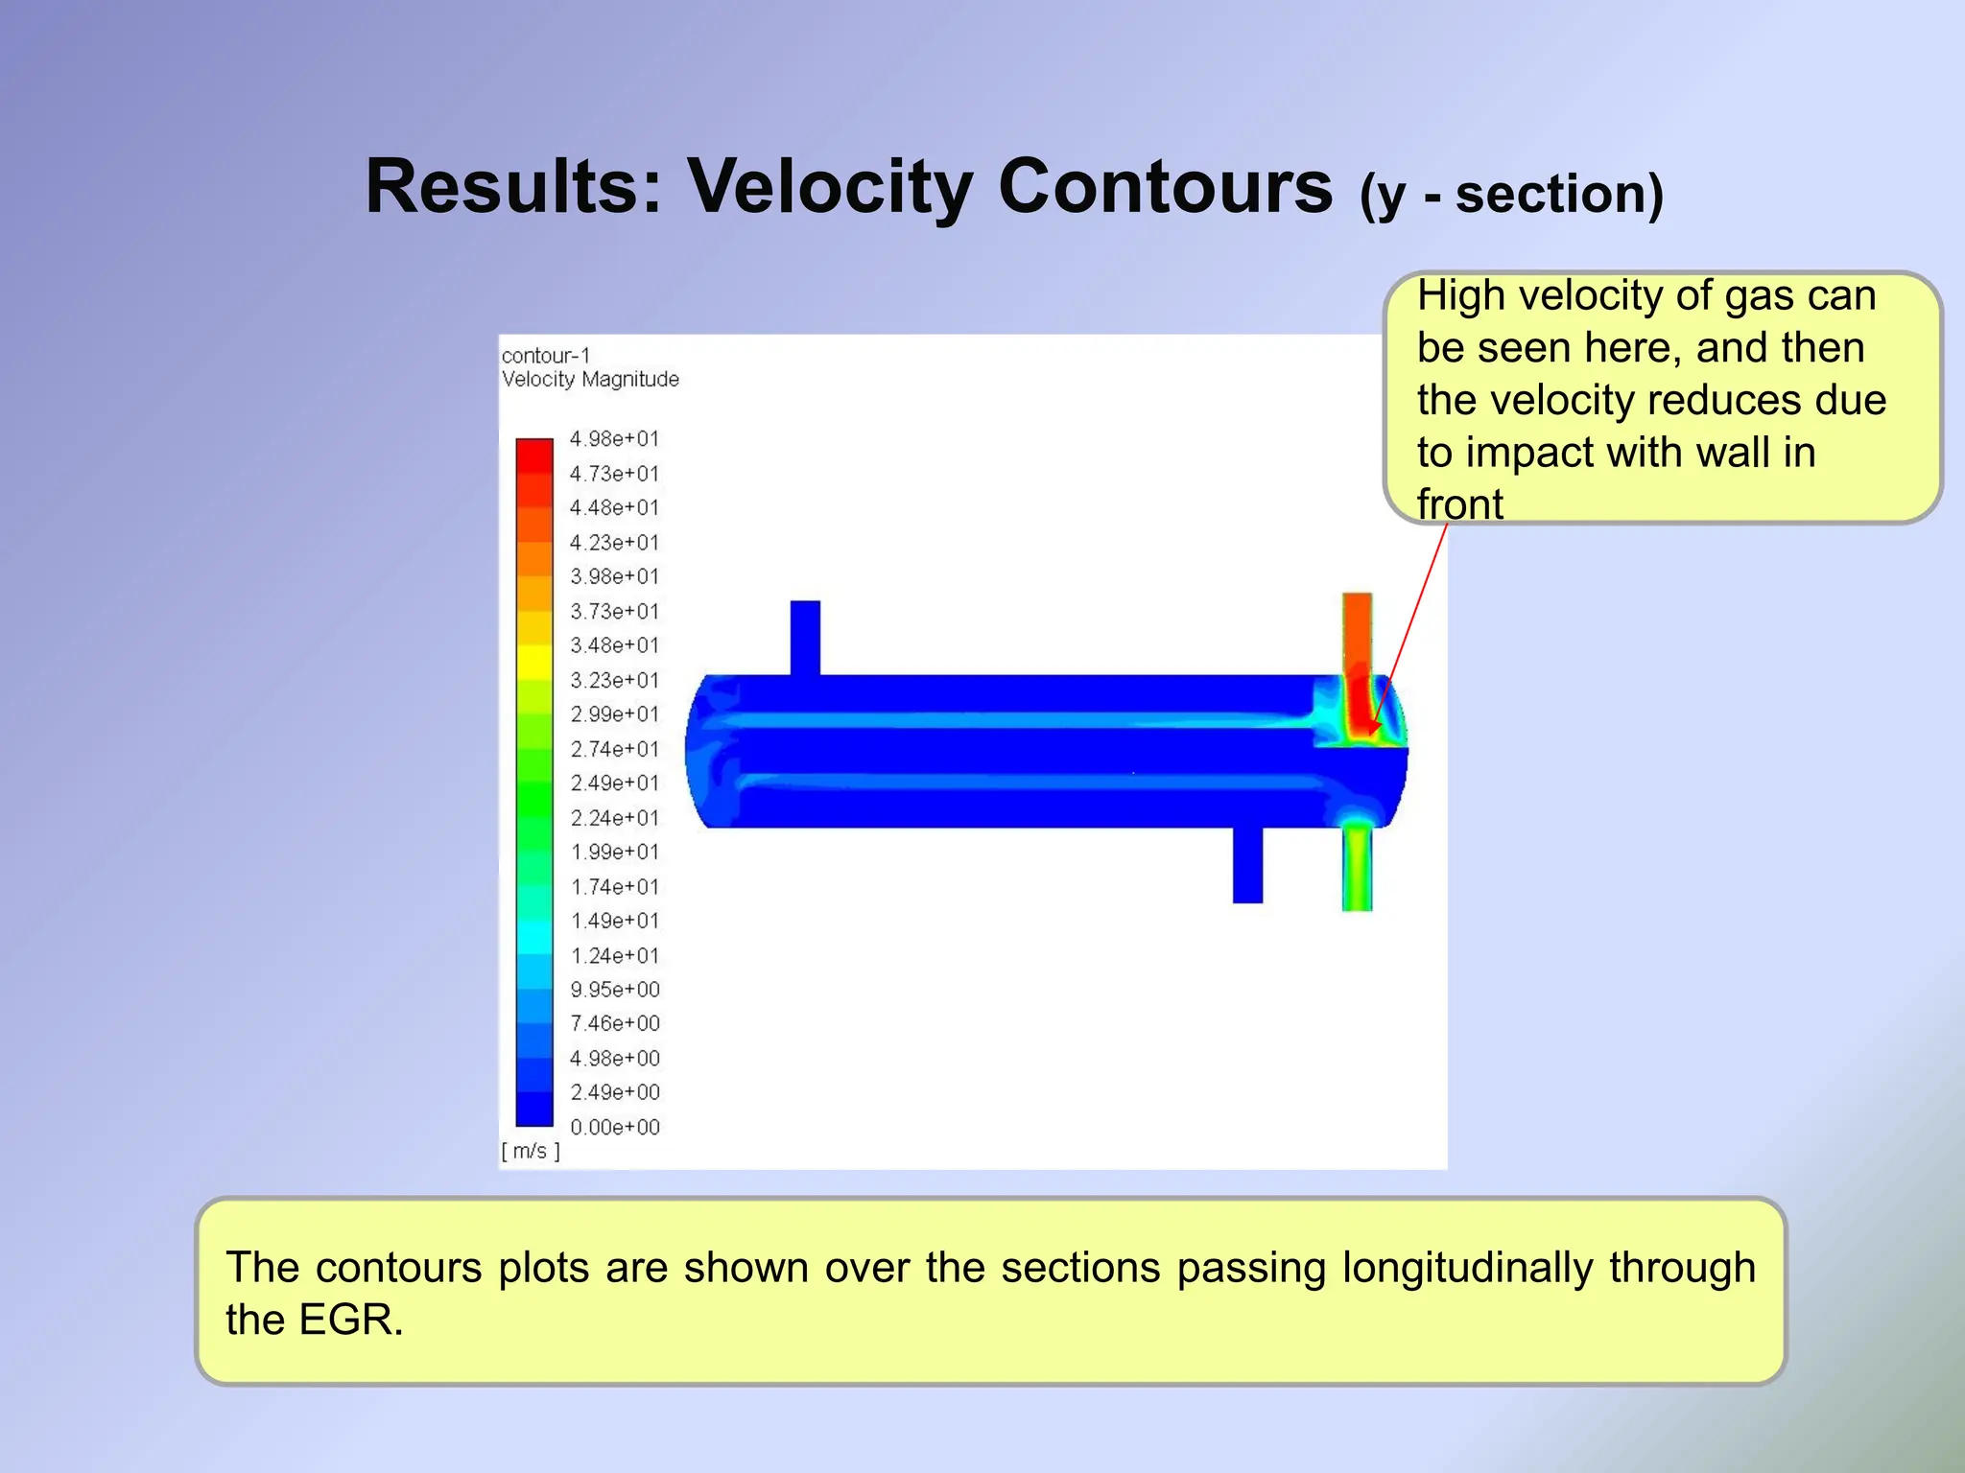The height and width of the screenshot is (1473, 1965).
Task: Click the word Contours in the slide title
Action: (1165, 186)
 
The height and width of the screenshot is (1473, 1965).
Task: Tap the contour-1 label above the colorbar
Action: (546, 356)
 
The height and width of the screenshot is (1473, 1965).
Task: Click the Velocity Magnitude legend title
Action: (590, 380)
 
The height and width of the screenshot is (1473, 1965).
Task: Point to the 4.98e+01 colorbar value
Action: (614, 439)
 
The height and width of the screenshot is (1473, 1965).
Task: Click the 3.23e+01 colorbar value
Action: (614, 681)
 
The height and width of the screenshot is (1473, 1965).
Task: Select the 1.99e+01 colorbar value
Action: (614, 853)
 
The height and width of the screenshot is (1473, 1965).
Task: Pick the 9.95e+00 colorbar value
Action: (614, 990)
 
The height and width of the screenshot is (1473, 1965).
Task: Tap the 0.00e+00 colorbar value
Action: (614, 1128)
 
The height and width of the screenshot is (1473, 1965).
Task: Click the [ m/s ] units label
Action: (531, 1152)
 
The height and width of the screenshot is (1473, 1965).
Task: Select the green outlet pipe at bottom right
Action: (1357, 868)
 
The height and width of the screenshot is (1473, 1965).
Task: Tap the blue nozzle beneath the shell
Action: (1247, 865)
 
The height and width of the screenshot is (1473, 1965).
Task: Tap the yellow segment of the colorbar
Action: (534, 662)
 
